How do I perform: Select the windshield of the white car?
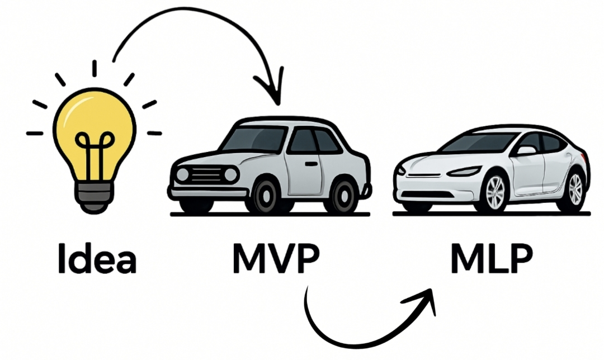pos(478,143)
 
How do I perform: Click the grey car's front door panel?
pos(304,168)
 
